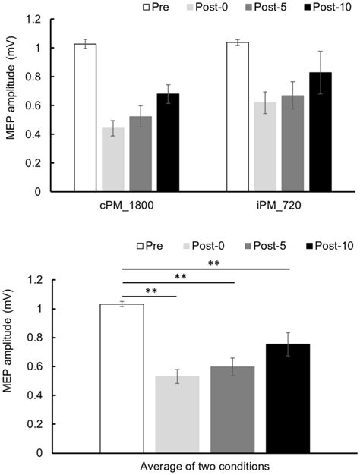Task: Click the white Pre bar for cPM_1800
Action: click(x=85, y=118)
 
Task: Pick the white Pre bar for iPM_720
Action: click(x=238, y=117)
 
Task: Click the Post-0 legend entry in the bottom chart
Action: click(x=216, y=248)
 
